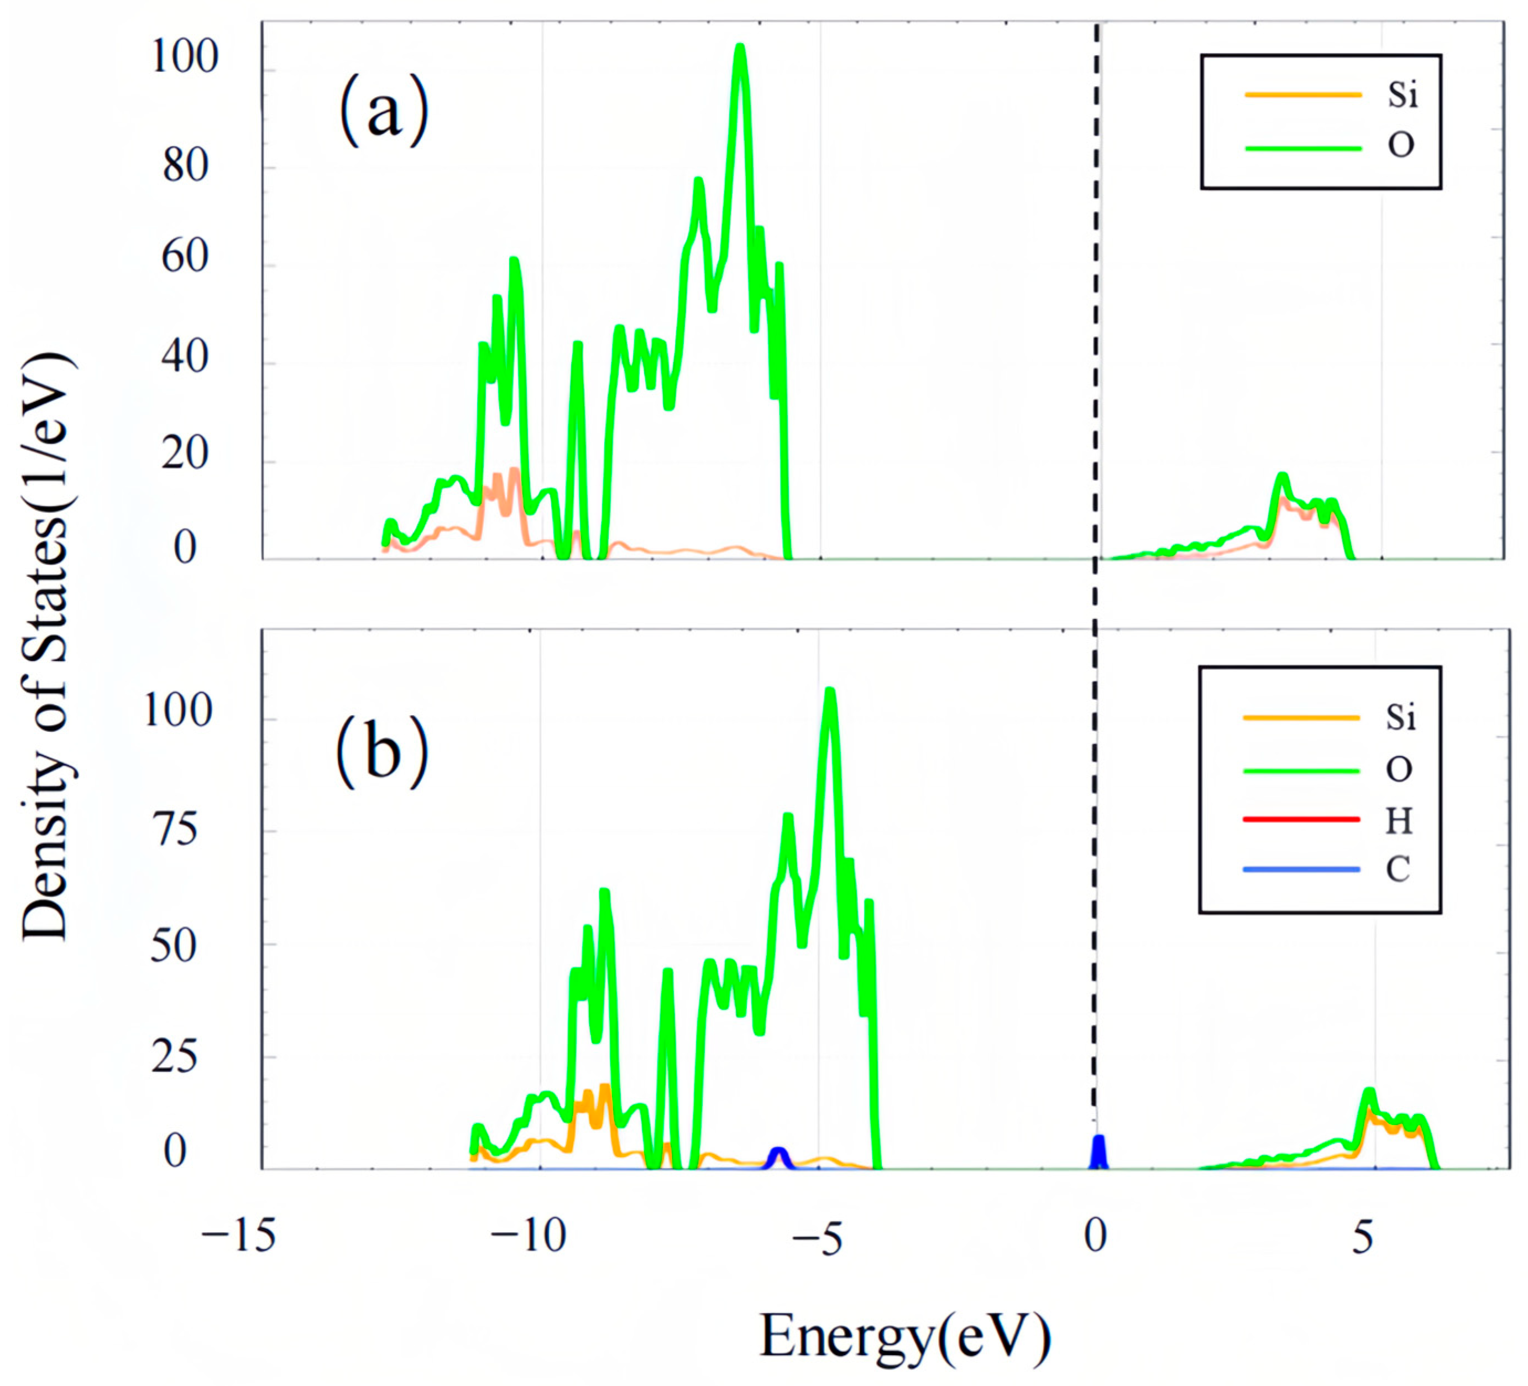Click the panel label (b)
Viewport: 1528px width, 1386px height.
(382, 753)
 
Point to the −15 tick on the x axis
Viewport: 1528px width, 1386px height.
(237, 1237)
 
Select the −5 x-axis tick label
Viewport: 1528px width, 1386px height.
(818, 1237)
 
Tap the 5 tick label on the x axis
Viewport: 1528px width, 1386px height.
(1362, 1237)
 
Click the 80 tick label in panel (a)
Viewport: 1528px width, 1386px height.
(185, 166)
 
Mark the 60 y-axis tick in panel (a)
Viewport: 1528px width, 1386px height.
(185, 258)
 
